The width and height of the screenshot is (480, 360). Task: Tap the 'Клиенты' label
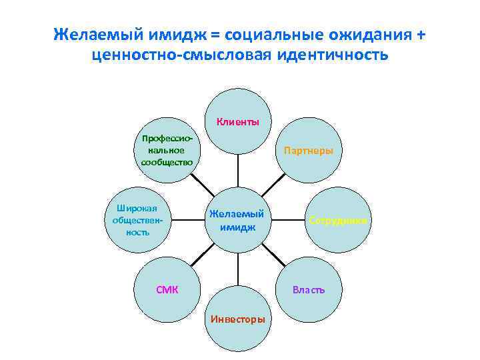point(237,122)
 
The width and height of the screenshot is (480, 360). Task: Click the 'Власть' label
point(309,290)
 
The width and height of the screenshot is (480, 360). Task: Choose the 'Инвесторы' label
point(237,319)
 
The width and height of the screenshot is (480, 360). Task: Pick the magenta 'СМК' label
point(167,290)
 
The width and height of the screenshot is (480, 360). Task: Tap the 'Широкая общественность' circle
point(138,220)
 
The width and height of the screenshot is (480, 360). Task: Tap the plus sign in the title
point(419,34)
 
